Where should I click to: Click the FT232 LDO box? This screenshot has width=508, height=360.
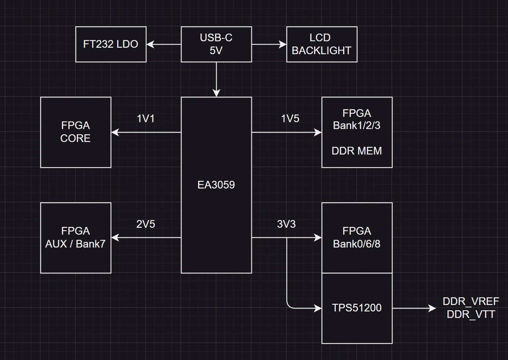111,44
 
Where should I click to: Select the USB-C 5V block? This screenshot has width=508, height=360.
216,44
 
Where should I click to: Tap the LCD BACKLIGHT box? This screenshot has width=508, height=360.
321,44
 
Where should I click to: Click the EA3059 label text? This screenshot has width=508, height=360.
216,185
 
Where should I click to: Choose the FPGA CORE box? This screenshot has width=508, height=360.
75,132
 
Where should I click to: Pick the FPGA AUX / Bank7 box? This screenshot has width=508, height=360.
75,238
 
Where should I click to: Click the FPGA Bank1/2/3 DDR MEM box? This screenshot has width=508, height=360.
357,132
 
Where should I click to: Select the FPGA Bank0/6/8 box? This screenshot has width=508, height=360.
357,238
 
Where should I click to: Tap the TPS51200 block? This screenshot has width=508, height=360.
357,308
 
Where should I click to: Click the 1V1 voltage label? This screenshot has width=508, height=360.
146,119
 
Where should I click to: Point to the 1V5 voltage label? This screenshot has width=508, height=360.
290,119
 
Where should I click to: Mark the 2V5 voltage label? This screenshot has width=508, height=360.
146,224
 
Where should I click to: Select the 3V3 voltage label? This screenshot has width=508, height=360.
286,224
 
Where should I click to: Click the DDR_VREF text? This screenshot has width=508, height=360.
470,302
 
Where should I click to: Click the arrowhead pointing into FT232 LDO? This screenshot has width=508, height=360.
150,44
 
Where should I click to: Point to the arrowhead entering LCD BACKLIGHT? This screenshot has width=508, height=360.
283,44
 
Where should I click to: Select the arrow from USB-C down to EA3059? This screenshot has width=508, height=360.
216,79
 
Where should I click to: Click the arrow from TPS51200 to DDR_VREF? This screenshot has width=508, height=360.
413,308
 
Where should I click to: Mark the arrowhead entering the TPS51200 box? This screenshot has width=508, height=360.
318,308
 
